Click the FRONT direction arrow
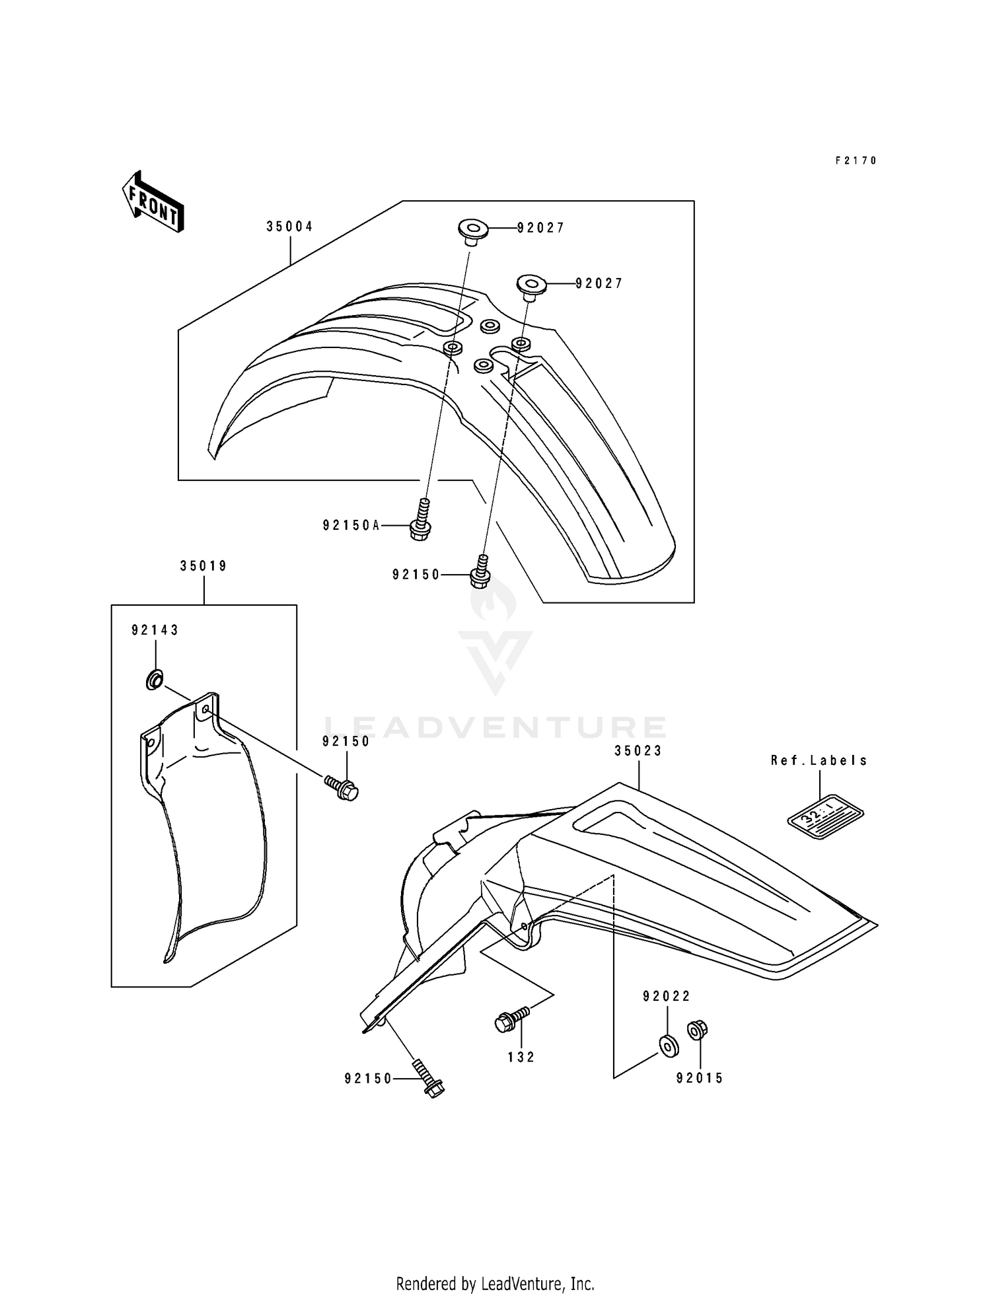coord(153,202)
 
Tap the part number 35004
coord(289,227)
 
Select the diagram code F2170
coord(856,161)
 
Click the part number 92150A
coord(351,525)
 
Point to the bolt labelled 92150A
coord(421,522)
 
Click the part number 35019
coord(203,566)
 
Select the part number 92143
coord(155,630)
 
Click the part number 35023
coord(638,751)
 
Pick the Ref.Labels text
coord(819,760)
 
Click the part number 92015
coord(700,1079)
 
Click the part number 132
coord(521,1058)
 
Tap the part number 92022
coord(667,996)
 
